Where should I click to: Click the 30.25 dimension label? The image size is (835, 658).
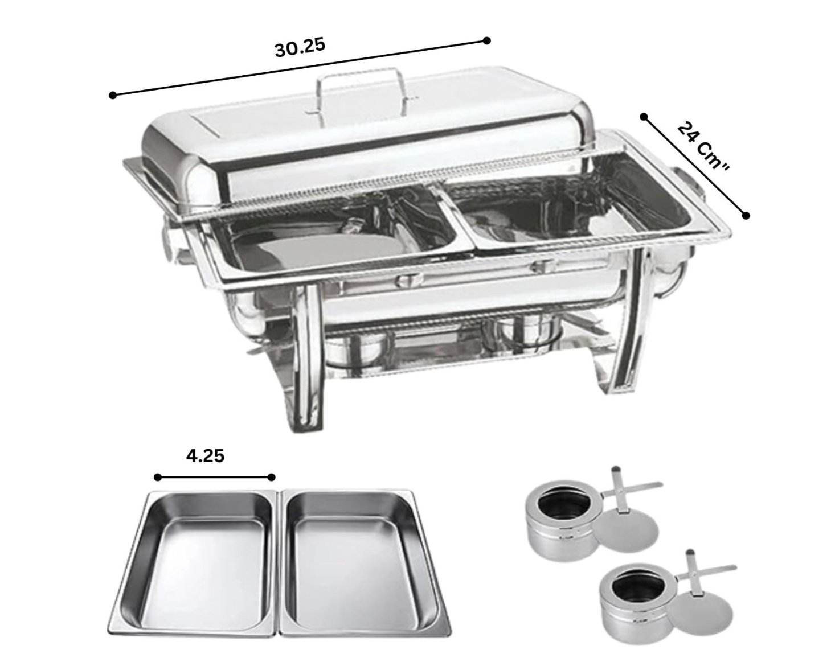pyautogui.click(x=300, y=48)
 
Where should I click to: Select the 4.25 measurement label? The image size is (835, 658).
pyautogui.click(x=205, y=456)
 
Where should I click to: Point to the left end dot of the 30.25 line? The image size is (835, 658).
pyautogui.click(x=113, y=95)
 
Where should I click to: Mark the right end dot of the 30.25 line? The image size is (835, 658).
pyautogui.click(x=487, y=40)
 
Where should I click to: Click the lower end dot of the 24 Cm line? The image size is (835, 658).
pyautogui.click(x=746, y=216)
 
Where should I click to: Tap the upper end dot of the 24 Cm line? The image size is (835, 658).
pyautogui.click(x=644, y=116)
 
